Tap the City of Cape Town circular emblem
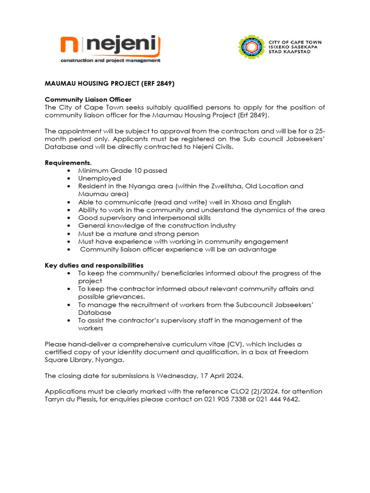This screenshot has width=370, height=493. [251, 47]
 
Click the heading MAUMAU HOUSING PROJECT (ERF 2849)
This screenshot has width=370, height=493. [109, 83]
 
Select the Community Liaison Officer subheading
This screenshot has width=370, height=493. [88, 99]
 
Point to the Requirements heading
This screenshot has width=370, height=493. [68, 162]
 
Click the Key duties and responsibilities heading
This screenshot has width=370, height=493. [94, 265]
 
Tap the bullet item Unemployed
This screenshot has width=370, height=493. [100, 178]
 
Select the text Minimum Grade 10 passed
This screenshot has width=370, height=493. [123, 170]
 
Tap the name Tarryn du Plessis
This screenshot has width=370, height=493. [71, 399]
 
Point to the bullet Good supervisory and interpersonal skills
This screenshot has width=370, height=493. [145, 218]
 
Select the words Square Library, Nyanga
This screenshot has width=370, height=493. [84, 360]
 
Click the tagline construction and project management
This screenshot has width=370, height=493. [110, 61]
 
